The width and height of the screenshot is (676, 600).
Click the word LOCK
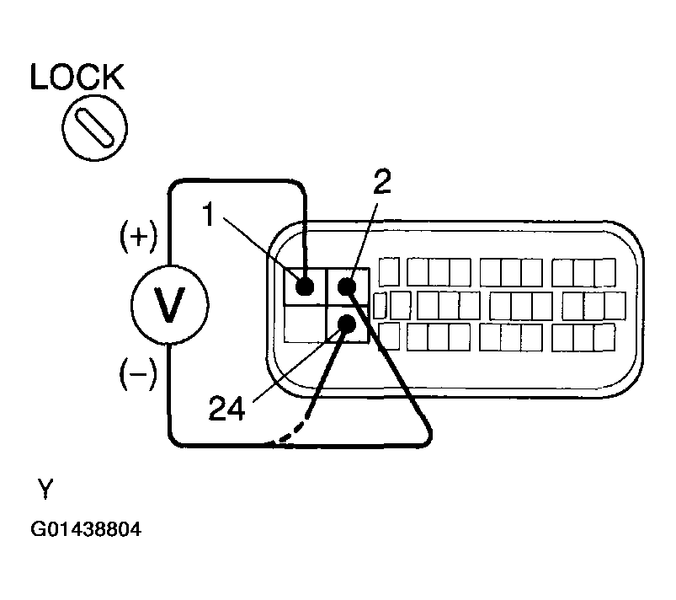pyautogui.click(x=77, y=77)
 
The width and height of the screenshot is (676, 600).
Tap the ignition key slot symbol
pyautogui.click(x=94, y=128)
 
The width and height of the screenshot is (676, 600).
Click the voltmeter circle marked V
pyautogui.click(x=169, y=305)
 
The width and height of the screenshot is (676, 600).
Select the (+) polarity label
pyautogui.click(x=138, y=237)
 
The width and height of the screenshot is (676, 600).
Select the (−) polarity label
pyautogui.click(x=138, y=373)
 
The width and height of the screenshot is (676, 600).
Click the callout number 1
pyautogui.click(x=209, y=215)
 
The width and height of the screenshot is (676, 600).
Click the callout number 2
pyautogui.click(x=382, y=181)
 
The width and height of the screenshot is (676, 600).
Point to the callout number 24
pyautogui.click(x=226, y=409)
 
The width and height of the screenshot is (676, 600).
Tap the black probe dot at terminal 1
pyautogui.click(x=305, y=286)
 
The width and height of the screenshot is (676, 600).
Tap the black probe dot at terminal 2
pyautogui.click(x=347, y=287)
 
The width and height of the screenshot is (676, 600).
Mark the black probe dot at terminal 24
pyautogui.click(x=347, y=324)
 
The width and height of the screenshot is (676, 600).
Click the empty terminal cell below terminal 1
pyautogui.click(x=306, y=324)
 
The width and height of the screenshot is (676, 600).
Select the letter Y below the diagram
pyautogui.click(x=45, y=489)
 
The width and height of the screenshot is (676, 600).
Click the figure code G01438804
pyautogui.click(x=86, y=529)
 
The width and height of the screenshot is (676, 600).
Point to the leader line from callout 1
pyautogui.click(x=261, y=249)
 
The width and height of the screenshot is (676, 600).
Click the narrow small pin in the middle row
pyautogui.click(x=380, y=306)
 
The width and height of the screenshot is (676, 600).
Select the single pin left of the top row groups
pyautogui.click(x=389, y=271)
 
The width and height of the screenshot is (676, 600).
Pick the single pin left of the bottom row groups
pyautogui.click(x=389, y=336)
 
